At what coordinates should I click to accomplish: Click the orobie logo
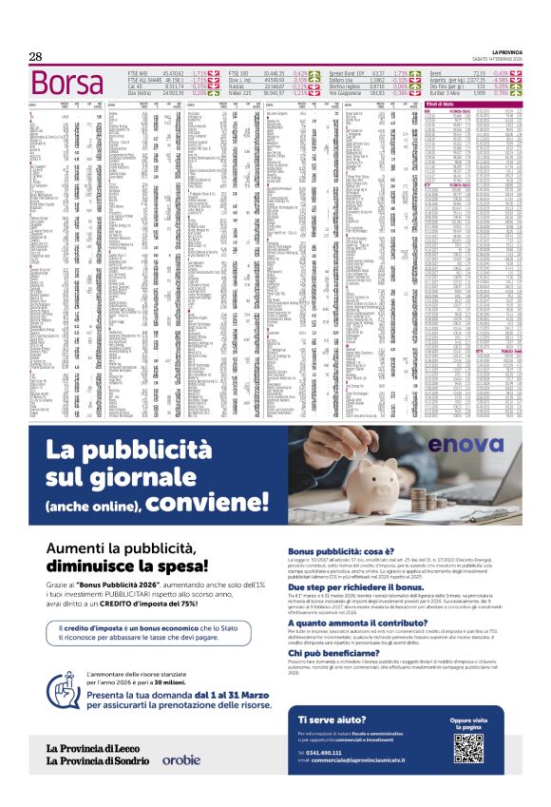(x=180, y=759)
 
